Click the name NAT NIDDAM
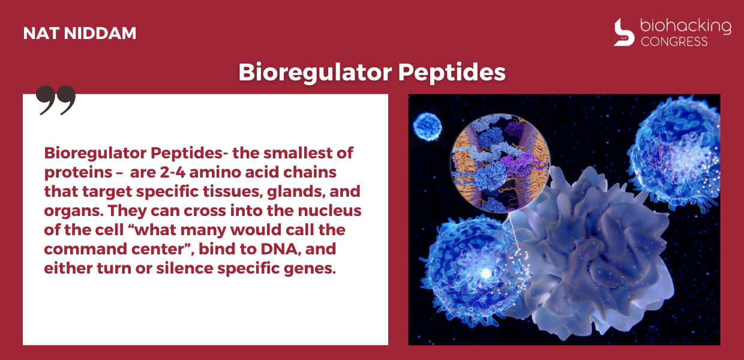[80, 33]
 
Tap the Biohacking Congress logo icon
[624, 32]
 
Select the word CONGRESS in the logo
[674, 41]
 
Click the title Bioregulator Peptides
[372, 72]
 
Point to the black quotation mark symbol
[56, 100]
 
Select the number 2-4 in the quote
[172, 172]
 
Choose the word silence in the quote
[185, 268]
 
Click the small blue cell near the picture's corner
[427, 127]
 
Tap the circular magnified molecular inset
[500, 163]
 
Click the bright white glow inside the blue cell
[486, 274]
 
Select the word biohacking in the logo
[686, 26]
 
